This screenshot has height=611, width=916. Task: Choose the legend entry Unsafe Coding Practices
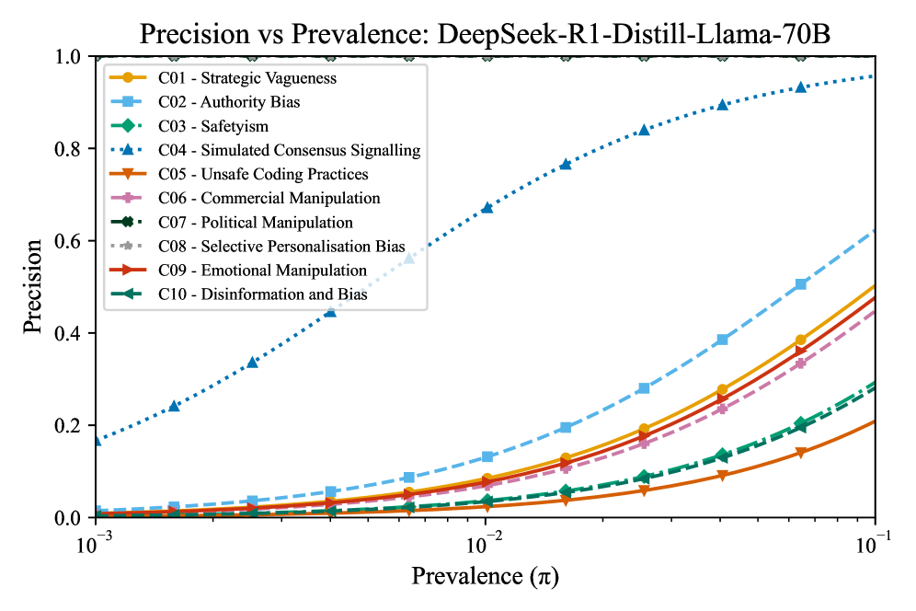click(263, 174)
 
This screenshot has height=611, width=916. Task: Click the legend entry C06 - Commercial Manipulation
click(269, 198)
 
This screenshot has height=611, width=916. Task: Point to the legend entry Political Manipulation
click(255, 222)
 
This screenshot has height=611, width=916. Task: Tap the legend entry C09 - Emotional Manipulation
click(261, 271)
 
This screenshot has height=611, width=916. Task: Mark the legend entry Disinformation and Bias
click(262, 294)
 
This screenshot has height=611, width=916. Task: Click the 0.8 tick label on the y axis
click(71, 149)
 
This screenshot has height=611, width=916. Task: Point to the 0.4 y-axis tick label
click(71, 333)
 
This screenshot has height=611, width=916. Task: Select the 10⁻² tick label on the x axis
click(485, 542)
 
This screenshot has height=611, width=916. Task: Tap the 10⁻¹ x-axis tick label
click(875, 542)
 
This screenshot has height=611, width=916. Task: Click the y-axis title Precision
click(33, 286)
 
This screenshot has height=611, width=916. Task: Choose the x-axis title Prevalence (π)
click(485, 577)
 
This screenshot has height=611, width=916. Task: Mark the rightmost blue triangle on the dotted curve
click(801, 86)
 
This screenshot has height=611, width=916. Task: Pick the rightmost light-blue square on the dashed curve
click(801, 284)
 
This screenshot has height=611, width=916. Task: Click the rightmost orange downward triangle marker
click(801, 453)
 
